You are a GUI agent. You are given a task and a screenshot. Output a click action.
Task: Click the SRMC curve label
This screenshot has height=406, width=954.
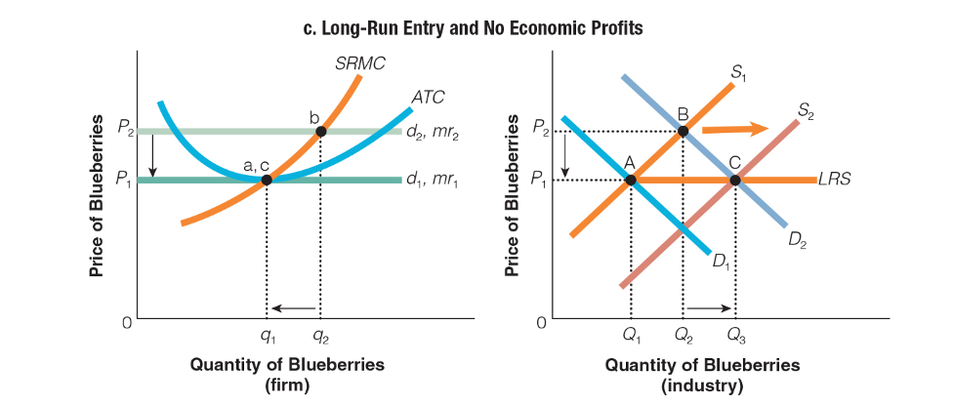click(360, 63)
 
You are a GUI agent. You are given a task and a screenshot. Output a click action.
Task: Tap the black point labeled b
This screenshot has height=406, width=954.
click(320, 131)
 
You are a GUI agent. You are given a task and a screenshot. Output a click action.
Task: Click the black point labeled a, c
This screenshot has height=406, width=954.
click(266, 180)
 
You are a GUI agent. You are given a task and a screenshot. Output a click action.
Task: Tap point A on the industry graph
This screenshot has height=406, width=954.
click(631, 180)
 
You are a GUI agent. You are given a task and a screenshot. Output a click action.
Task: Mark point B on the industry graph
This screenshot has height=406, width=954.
click(683, 131)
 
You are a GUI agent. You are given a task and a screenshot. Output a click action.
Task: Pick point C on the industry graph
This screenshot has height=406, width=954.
click(735, 180)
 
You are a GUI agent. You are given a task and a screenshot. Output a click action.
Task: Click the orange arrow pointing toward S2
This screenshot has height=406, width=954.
click(735, 128)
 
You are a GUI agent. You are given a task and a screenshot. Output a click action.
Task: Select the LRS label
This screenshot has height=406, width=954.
click(836, 180)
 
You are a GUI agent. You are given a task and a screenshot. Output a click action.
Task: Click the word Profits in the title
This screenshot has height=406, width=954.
click(612, 28)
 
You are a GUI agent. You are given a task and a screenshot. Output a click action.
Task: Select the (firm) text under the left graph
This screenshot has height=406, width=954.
click(287, 385)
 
